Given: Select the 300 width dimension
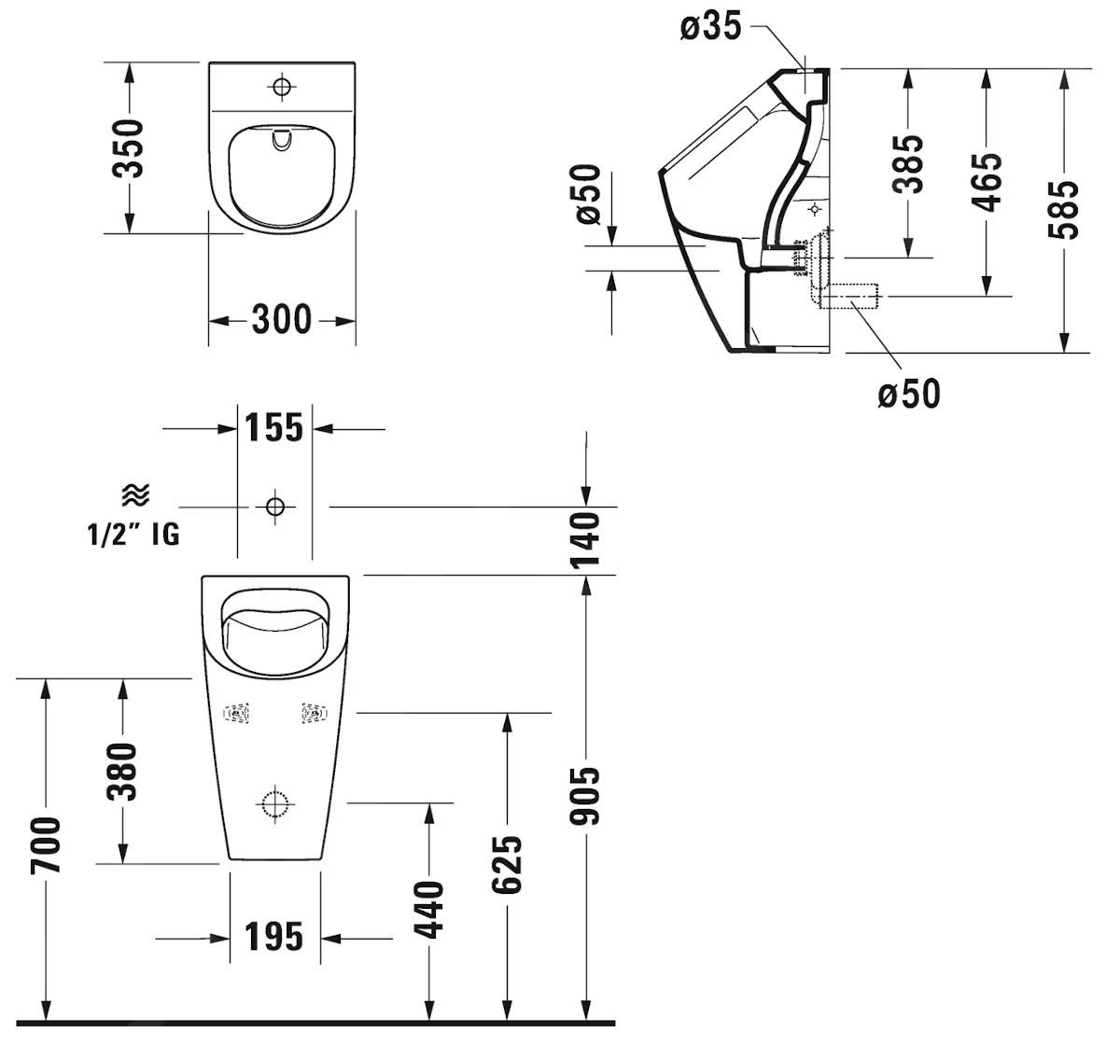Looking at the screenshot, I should (x=282, y=320).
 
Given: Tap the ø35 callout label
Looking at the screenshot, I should (x=710, y=28).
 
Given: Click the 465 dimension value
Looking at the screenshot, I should (x=986, y=182).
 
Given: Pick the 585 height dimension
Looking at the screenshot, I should (x=1063, y=209).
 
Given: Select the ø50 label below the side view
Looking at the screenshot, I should (x=909, y=394).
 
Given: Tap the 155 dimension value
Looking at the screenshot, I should (x=274, y=428).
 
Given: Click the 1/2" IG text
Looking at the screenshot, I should (x=133, y=535).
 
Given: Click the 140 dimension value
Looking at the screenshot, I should (x=585, y=539).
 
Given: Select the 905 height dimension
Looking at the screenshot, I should (x=585, y=796).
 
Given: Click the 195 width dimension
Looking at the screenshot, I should (x=274, y=937).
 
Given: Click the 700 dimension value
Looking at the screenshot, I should (x=45, y=845).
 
